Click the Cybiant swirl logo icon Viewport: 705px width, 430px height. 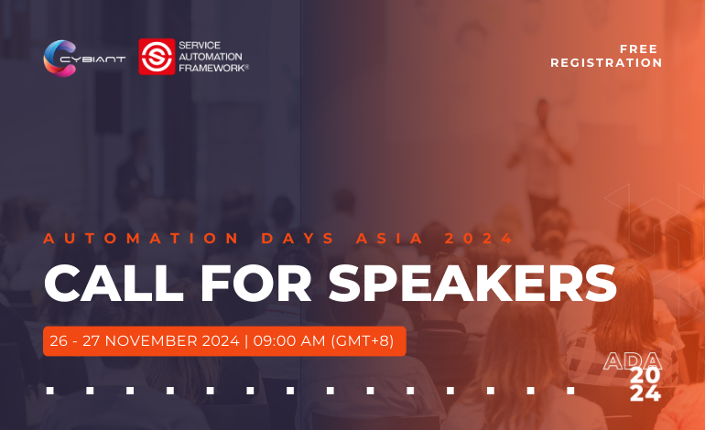60,59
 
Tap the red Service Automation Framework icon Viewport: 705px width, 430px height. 157,57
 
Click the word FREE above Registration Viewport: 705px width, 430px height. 638,49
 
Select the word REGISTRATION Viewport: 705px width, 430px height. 606,63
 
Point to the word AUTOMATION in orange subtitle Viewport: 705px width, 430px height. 141,238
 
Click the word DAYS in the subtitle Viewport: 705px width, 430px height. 298,238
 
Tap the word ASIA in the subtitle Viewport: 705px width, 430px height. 389,238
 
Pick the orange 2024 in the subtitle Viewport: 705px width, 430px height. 478,238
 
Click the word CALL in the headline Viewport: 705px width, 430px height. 114,283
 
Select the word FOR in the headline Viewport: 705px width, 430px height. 255,283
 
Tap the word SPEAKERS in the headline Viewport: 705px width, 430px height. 472,283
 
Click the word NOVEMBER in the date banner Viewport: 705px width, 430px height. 172,341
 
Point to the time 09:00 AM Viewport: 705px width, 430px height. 289,341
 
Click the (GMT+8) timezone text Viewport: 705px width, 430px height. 363,341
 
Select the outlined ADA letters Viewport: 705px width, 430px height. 632,361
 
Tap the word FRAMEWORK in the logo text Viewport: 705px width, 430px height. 213,69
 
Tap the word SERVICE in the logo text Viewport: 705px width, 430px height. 200,46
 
